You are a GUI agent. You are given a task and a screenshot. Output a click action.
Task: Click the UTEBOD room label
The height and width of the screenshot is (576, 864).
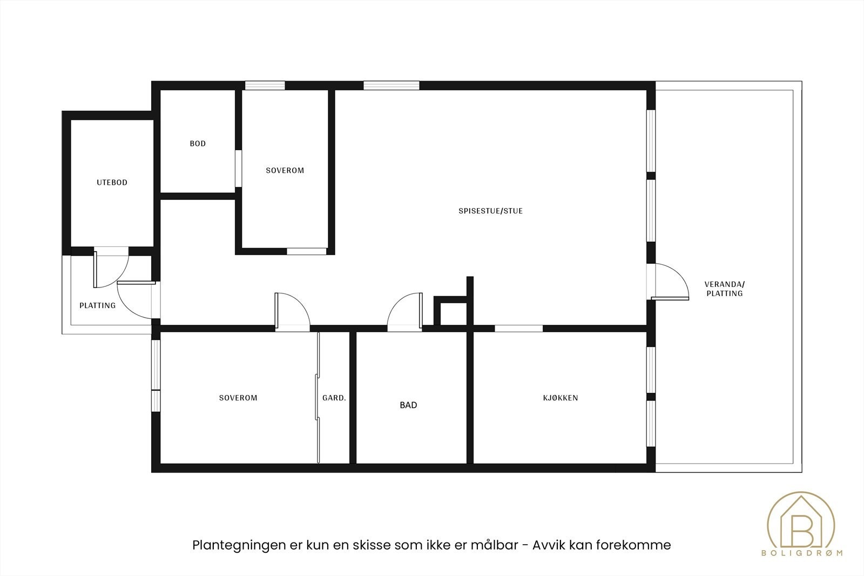[112, 183]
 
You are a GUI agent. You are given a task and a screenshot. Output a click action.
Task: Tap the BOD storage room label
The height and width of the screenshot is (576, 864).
[198, 144]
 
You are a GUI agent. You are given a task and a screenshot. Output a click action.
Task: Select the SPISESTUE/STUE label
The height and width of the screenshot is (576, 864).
[490, 211]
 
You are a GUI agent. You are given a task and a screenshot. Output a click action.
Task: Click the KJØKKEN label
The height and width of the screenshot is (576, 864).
[560, 398]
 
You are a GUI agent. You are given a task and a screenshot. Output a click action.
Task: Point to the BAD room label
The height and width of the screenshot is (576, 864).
[408, 405]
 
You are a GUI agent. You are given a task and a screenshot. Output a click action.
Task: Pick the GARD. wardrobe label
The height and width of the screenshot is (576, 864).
[334, 398]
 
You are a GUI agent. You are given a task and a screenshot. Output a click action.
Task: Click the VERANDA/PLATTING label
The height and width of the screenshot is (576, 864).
[724, 289]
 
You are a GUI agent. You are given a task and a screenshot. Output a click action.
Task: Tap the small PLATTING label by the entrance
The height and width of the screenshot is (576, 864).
[97, 305]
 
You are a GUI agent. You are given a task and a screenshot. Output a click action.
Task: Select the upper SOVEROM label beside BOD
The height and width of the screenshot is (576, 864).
[285, 170]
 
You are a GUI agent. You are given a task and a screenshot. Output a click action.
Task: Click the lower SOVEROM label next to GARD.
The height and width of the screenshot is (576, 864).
[238, 398]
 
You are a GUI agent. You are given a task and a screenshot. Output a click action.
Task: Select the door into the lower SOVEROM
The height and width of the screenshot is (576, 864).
[292, 311]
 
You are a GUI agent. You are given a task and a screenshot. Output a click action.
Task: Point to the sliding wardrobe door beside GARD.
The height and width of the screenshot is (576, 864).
[318, 397]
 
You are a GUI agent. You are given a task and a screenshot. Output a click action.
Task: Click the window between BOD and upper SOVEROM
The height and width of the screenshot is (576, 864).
[238, 169]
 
